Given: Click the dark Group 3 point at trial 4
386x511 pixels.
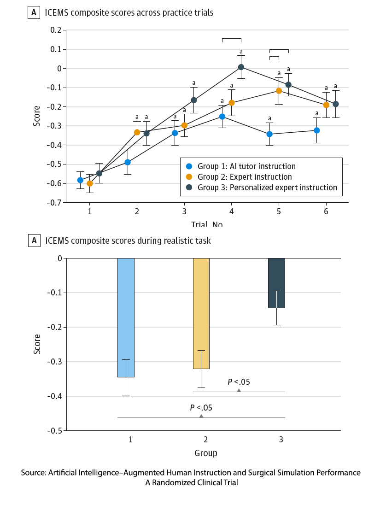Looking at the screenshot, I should pyautogui.click(x=241, y=67).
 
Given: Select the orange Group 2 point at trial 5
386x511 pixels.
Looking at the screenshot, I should pyautogui.click(x=279, y=90).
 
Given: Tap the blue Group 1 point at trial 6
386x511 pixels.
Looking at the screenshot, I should pyautogui.click(x=317, y=130).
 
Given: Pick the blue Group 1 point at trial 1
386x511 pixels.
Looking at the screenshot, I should pyautogui.click(x=81, y=180).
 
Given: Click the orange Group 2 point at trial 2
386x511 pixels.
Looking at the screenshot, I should pyautogui.click(x=137, y=132).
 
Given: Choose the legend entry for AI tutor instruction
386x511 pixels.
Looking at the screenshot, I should pyautogui.click(x=246, y=166).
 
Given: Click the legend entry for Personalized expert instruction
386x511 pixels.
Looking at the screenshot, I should pyautogui.click(x=267, y=188).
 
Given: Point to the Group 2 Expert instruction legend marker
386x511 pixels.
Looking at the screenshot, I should pyautogui.click(x=188, y=177).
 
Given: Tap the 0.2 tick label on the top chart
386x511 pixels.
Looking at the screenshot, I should pyautogui.click(x=56, y=30).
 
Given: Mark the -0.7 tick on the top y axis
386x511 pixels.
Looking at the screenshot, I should pyautogui.click(x=56, y=202).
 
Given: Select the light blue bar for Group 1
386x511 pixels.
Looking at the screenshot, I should pyautogui.click(x=126, y=317).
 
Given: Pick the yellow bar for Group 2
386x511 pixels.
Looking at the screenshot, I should pyautogui.click(x=201, y=313).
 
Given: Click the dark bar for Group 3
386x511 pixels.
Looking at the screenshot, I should pyautogui.click(x=277, y=283).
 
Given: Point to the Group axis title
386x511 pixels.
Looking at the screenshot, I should pyautogui.click(x=205, y=453).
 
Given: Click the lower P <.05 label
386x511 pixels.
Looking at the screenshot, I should pyautogui.click(x=201, y=408).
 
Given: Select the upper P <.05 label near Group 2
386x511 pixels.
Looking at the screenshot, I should pyautogui.click(x=239, y=382).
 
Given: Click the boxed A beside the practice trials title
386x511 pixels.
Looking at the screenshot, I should pyautogui.click(x=34, y=13).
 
